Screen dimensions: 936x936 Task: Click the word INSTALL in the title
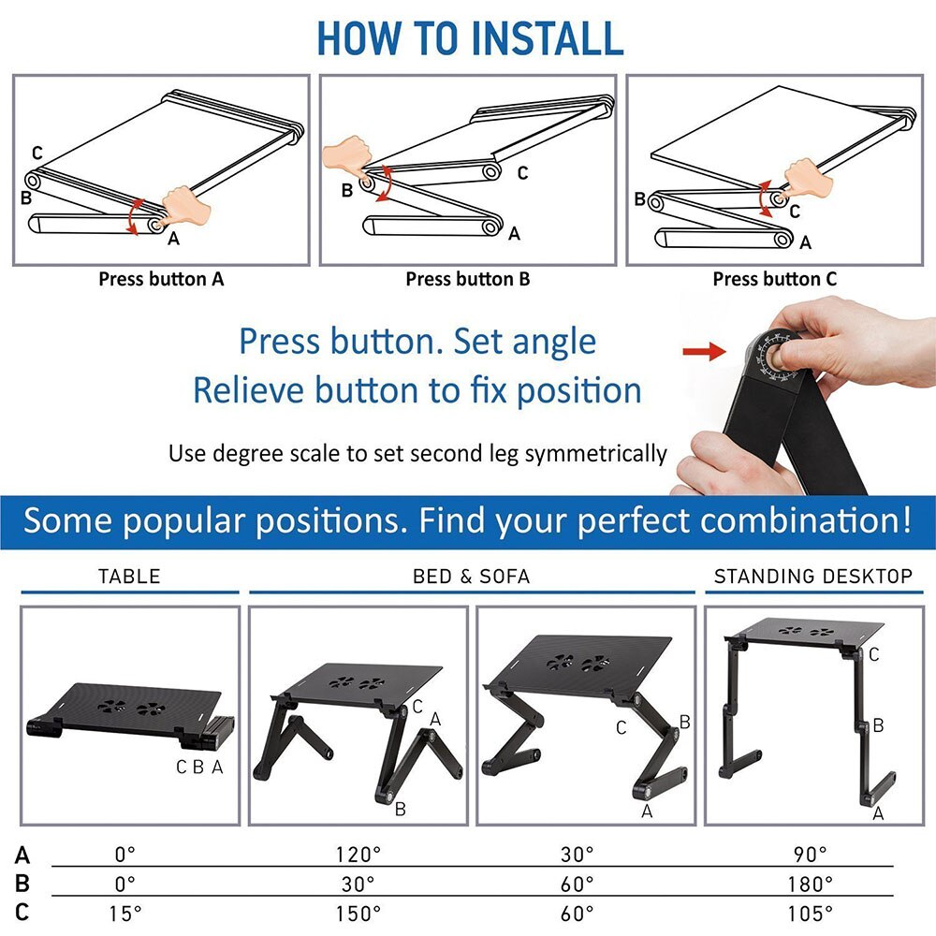tap(547, 37)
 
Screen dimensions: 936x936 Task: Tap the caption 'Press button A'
tap(161, 279)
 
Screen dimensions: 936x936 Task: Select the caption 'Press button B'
tap(467, 279)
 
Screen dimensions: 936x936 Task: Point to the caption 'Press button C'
tap(774, 279)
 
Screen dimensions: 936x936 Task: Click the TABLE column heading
tap(129, 576)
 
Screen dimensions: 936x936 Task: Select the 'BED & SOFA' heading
tap(471, 576)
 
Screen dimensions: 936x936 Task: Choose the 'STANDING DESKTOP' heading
tap(812, 576)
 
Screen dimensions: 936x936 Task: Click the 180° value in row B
tap(811, 884)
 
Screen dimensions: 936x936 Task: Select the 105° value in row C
tap(811, 913)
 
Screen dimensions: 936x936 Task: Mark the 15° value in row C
tap(124, 913)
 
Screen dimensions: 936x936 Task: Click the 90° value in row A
tap(811, 855)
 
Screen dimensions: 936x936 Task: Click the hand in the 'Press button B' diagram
tap(345, 157)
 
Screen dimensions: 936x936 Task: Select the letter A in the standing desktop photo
tap(877, 813)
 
